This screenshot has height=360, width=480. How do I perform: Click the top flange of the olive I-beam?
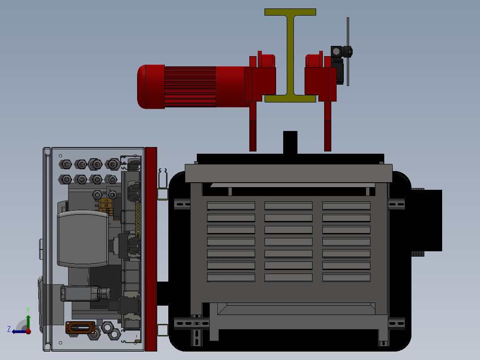tap(290, 12)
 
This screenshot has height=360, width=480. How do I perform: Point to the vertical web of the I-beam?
tap(290, 55)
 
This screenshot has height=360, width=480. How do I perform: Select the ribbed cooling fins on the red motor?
tap(190, 87)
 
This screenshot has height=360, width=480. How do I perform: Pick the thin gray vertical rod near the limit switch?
tap(348, 52)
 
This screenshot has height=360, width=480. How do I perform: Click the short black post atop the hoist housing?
tap(290, 143)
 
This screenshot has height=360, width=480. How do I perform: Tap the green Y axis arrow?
tap(28, 322)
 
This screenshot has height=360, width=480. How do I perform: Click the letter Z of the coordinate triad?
tap(9, 329)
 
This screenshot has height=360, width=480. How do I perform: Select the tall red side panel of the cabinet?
tap(151, 249)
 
